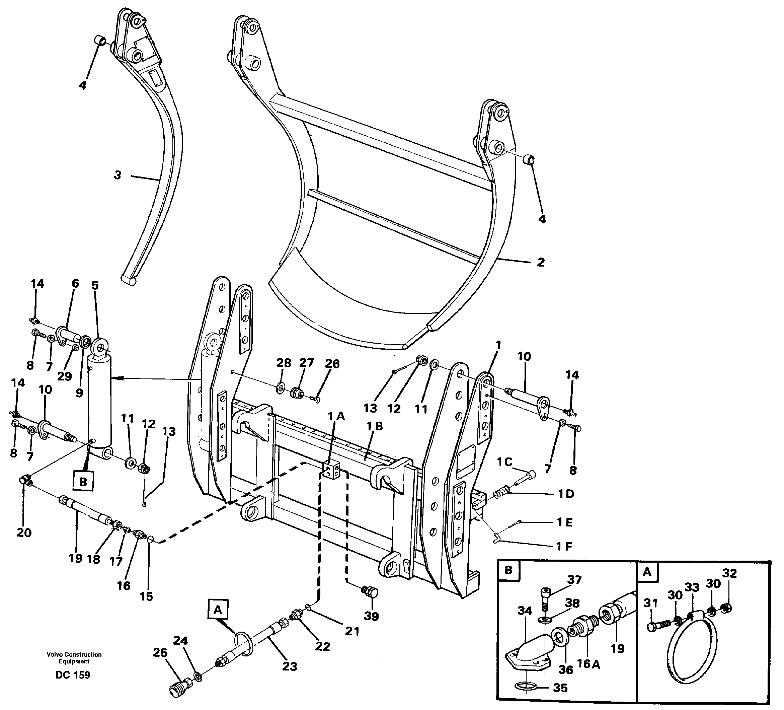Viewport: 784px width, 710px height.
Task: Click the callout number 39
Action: [x=371, y=616]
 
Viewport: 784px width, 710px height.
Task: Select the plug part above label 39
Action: [x=371, y=593]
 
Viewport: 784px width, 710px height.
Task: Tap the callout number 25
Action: [x=160, y=652]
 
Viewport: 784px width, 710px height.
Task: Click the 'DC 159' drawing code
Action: [x=73, y=674]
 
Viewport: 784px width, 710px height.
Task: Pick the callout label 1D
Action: [x=566, y=494]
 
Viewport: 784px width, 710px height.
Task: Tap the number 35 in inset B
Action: [x=560, y=688]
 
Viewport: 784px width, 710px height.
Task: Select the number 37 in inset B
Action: [x=574, y=580]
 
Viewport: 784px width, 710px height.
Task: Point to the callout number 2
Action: [x=541, y=262]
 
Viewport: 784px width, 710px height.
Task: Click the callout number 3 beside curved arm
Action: [x=117, y=175]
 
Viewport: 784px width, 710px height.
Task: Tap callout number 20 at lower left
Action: [x=24, y=532]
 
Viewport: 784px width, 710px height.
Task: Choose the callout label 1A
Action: [x=336, y=416]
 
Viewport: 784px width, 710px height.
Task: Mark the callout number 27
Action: [x=306, y=363]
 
